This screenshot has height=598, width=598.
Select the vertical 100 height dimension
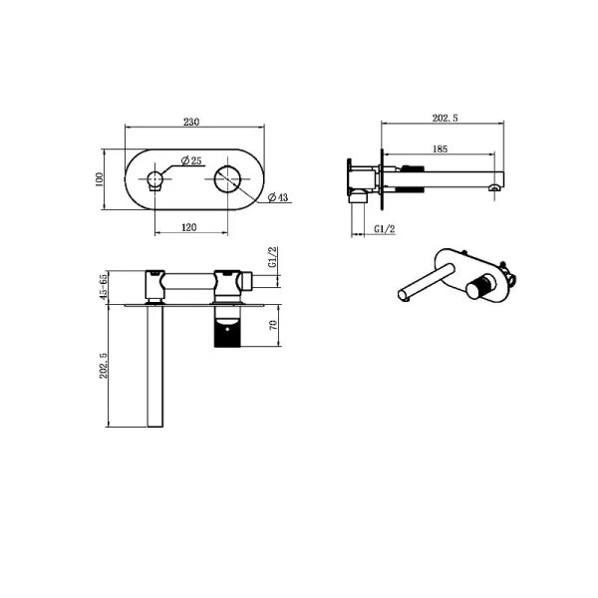pos(100,178)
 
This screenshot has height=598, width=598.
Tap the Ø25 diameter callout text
pos(192,160)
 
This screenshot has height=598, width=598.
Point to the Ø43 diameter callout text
pos(279,198)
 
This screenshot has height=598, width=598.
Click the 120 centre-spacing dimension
pos(189,227)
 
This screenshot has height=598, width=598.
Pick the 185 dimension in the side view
pos(441,149)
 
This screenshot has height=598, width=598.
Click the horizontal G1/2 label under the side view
pos(385,230)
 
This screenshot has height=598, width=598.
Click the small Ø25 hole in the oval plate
pos(154,180)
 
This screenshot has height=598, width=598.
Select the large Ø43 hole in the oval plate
pos(227,180)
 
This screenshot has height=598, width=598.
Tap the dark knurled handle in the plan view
pos(227,329)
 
